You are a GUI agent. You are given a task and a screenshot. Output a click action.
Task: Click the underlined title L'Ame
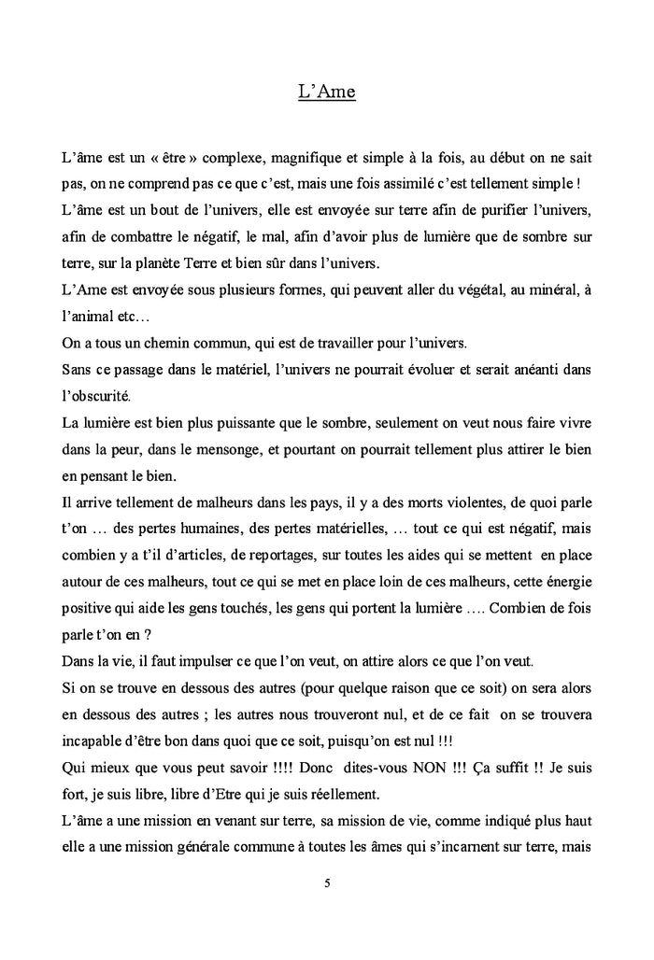click(327, 92)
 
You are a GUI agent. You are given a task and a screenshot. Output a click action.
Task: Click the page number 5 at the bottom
click(327, 882)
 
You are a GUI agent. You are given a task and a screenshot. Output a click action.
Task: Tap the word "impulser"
click(202, 662)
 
